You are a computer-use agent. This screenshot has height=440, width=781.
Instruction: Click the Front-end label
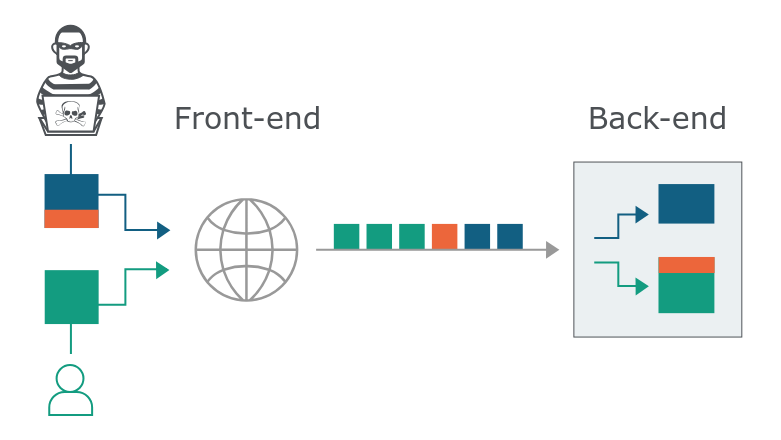point(247,119)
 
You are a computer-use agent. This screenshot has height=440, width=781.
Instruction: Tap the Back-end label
point(656,119)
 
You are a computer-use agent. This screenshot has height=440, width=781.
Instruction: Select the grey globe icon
point(246,249)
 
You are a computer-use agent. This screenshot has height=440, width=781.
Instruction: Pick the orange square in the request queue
point(444,236)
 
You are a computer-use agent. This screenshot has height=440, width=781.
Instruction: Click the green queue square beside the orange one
point(412,236)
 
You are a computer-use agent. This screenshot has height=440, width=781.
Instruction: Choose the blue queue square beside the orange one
point(477,236)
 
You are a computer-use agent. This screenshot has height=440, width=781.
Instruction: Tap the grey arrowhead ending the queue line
point(553,249)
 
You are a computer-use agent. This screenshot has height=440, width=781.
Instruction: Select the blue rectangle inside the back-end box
point(686,203)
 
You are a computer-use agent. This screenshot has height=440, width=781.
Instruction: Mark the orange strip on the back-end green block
point(686,265)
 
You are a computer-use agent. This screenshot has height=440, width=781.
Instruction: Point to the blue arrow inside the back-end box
point(622,225)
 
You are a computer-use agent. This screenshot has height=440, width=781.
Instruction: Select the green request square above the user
point(71,297)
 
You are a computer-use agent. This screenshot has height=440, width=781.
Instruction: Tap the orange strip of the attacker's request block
point(71,219)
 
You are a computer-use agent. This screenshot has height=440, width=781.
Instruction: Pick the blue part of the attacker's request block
point(71,191)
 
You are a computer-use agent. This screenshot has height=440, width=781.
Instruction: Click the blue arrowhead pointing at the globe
point(164,231)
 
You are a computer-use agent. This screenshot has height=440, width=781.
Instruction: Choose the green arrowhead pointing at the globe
point(164,269)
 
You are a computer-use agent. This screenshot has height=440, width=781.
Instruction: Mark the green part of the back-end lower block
point(686,293)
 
